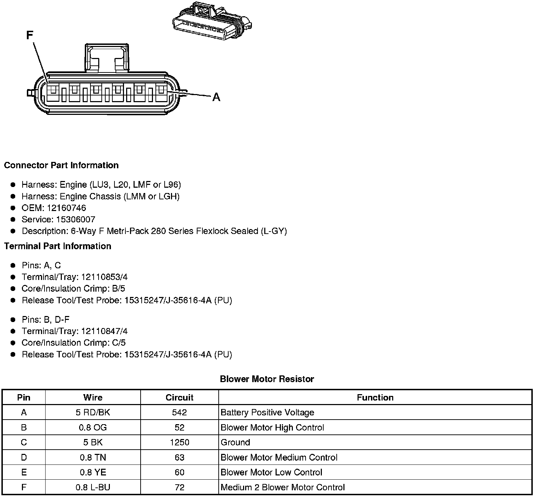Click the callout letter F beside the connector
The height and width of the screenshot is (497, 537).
pyautogui.click(x=30, y=35)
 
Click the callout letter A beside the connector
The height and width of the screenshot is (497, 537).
pyautogui.click(x=216, y=97)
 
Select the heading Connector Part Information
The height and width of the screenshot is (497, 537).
pyautogui.click(x=61, y=165)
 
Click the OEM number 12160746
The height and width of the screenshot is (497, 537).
pyautogui.click(x=66, y=208)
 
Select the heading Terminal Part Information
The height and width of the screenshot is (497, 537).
pyautogui.click(x=58, y=246)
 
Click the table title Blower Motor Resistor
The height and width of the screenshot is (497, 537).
pyautogui.click(x=267, y=379)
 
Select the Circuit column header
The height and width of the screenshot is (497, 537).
pyautogui.click(x=179, y=398)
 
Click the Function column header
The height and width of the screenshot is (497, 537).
pyautogui.click(x=375, y=398)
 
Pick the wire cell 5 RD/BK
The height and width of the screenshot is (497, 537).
pyautogui.click(x=93, y=413)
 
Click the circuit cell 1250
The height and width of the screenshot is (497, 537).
pyautogui.click(x=179, y=443)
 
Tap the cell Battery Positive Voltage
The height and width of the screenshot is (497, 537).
pyautogui.click(x=267, y=413)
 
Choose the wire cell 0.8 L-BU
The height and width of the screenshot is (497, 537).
pyautogui.click(x=93, y=487)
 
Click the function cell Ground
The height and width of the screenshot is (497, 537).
pyautogui.click(x=235, y=443)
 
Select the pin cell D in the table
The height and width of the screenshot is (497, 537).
pyautogui.click(x=24, y=457)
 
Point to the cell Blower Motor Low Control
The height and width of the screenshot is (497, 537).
pyautogui.click(x=271, y=473)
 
